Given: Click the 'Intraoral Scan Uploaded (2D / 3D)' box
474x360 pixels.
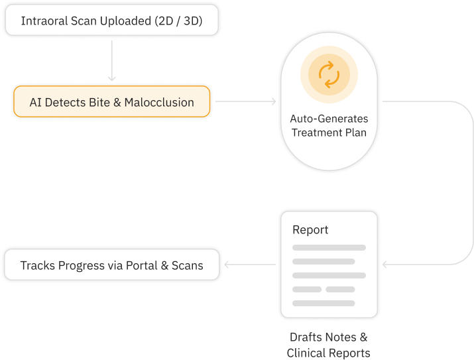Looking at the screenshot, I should point(111,21).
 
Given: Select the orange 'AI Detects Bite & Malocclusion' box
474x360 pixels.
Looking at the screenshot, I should point(111,103).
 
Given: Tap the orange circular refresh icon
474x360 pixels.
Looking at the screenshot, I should point(329,74).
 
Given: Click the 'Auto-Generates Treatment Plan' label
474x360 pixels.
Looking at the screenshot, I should point(329,125).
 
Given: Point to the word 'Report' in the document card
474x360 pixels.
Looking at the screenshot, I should point(310,230).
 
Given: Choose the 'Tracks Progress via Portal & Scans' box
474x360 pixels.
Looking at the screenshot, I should point(111,265).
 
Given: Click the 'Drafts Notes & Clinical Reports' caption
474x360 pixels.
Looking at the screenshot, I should point(328,345).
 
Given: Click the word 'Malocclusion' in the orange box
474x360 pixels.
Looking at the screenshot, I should point(159,103).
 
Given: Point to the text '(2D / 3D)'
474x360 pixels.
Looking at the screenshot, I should point(178,21).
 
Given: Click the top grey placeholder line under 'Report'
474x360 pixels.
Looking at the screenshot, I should point(329,247).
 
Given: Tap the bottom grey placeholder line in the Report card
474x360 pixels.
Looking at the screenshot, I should point(329,303).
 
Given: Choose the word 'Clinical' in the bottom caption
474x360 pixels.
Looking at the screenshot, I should point(308,353).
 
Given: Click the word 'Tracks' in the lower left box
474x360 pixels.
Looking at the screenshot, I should point(37,265).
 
